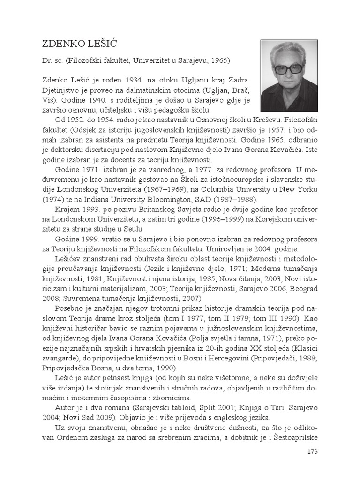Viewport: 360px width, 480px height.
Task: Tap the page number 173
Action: point(312,452)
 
